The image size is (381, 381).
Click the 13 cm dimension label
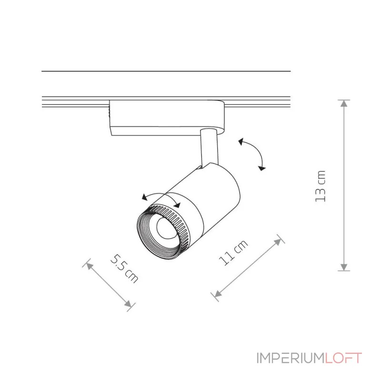click(x=321, y=186)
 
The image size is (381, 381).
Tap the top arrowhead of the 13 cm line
click(x=344, y=103)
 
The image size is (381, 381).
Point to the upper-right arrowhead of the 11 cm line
click(x=281, y=240)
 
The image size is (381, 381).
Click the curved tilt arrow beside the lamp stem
click(x=253, y=153)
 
